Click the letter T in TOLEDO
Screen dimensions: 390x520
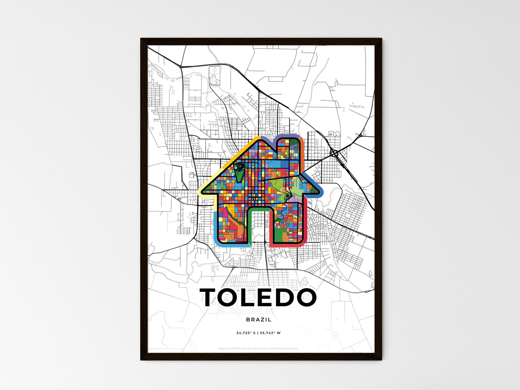click(213, 298)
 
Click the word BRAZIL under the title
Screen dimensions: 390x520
click(259, 319)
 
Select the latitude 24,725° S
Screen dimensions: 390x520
click(246, 333)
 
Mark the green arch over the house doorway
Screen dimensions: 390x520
click(259, 209)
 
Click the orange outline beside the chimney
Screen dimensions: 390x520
click(302, 144)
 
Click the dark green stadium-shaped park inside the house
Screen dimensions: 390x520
click(239, 172)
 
